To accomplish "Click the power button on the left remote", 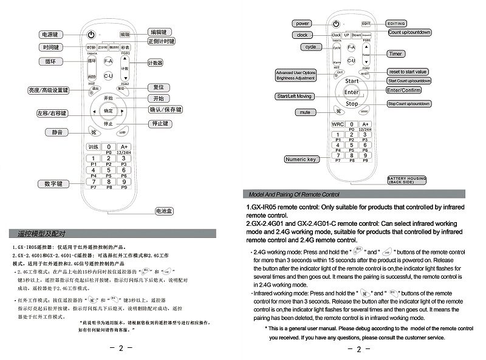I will click(91, 35).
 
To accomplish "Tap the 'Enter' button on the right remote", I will click(352, 92).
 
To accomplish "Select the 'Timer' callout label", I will click(396, 54).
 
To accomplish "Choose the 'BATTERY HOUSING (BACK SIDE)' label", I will click(407, 180).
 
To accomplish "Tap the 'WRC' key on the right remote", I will click(337, 124).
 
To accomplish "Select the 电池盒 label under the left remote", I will click(165, 211).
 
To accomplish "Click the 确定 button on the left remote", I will click(108, 111).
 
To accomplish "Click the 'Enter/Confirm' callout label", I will click(403, 90).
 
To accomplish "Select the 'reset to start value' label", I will click(408, 72).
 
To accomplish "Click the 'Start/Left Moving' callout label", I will click(295, 97).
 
